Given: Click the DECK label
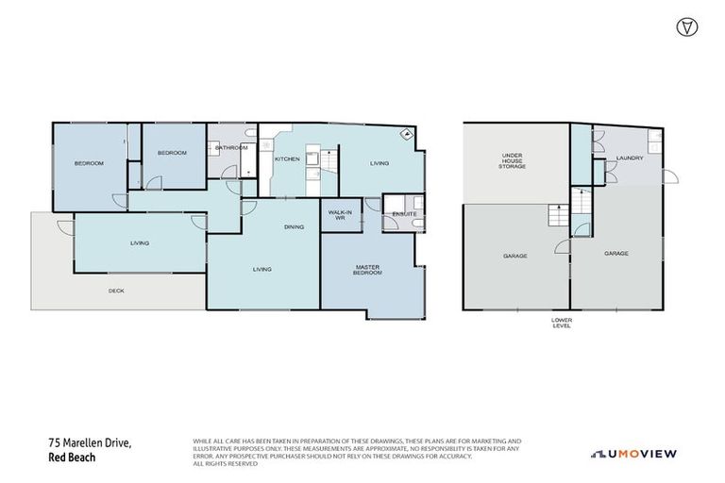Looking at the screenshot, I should tap(116, 291).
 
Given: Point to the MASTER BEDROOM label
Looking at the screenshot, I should tap(367, 270).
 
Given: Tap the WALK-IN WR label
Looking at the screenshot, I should tap(340, 215).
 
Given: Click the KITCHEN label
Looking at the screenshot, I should tap(287, 158).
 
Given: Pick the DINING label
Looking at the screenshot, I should tap(294, 226).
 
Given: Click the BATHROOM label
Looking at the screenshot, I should tap(231, 148).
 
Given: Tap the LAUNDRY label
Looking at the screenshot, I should tap(629, 158).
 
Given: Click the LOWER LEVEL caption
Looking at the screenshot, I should tap(562, 324).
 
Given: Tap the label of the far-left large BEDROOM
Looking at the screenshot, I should tap(89, 163).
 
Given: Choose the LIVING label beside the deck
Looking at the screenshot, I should tap(140, 243).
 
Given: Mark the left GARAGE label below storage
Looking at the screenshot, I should tap(514, 256).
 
